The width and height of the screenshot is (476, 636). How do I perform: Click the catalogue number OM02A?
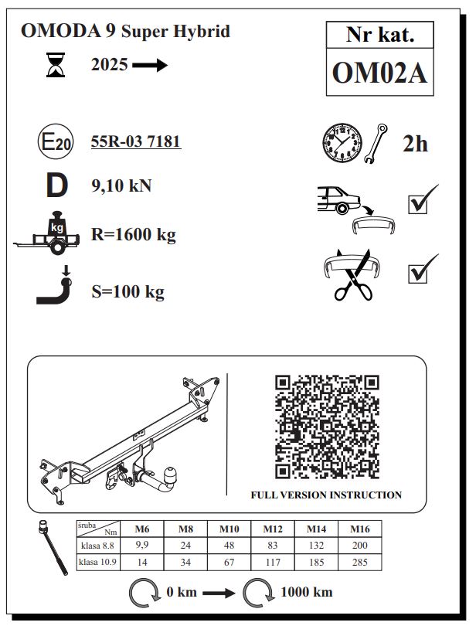pyautogui.click(x=379, y=73)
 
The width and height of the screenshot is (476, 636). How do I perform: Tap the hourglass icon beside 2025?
pyautogui.click(x=56, y=64)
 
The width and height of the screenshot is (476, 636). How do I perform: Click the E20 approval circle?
pyautogui.click(x=56, y=141)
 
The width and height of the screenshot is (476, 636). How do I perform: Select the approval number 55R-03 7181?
pyautogui.click(x=136, y=141)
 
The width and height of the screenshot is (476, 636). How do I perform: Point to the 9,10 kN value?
pyautogui.click(x=121, y=185)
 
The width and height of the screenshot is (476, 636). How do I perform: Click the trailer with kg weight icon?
pyautogui.click(x=46, y=233)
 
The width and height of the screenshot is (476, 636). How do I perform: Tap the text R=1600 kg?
pyautogui.click(x=134, y=234)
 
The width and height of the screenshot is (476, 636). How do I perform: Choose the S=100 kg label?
pyautogui.click(x=128, y=291)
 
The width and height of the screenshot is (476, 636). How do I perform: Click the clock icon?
pyautogui.click(x=342, y=143)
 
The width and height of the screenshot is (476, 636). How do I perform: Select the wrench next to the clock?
pyautogui.click(x=376, y=143)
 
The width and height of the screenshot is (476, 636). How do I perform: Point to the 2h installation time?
pyautogui.click(x=415, y=144)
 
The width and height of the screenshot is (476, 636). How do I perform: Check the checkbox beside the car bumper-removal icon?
pyautogui.click(x=417, y=204)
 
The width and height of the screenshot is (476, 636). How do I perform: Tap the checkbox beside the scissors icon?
pyautogui.click(x=417, y=274)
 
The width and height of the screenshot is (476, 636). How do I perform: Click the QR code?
pyautogui.click(x=327, y=427)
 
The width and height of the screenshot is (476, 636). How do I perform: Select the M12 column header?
pyautogui.click(x=273, y=529)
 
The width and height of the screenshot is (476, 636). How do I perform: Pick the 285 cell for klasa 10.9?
pyautogui.click(x=359, y=562)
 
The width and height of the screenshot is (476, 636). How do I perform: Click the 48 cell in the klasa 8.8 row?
pyautogui.click(x=229, y=545)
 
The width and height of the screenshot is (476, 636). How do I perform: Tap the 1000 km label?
pyautogui.click(x=307, y=592)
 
